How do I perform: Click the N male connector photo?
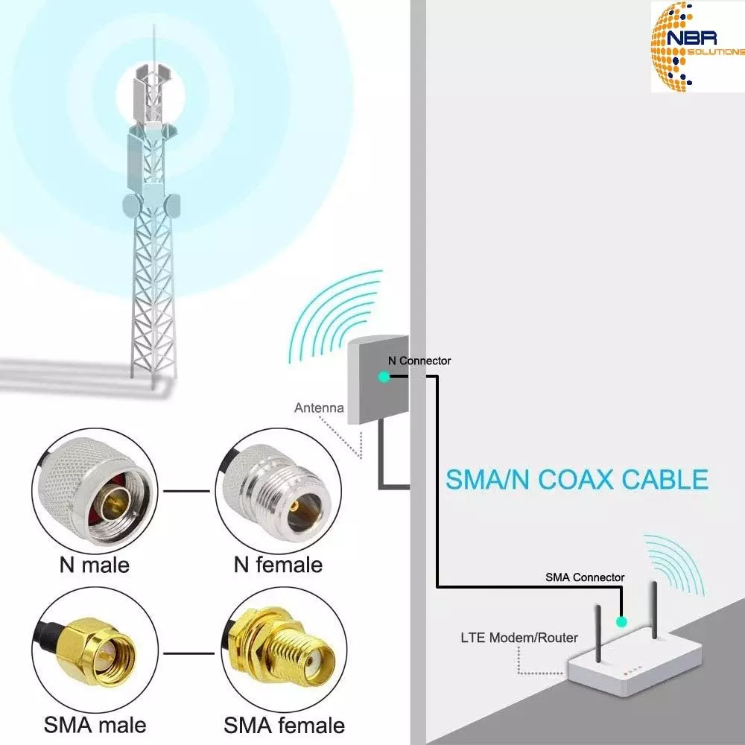pyautogui.click(x=95, y=491)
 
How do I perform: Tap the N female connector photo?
pyautogui.click(x=279, y=491)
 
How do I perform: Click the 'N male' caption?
pyautogui.click(x=94, y=565)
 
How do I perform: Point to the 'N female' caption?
pyautogui.click(x=278, y=565)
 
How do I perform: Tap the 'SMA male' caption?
pyautogui.click(x=95, y=725)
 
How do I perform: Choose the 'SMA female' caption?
pyautogui.click(x=284, y=725)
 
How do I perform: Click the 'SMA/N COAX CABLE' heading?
pyautogui.click(x=577, y=479)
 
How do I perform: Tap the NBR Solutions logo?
pyautogui.click(x=697, y=46)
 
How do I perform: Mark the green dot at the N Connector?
pyautogui.click(x=384, y=377)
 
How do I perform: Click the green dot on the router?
pyautogui.click(x=621, y=621)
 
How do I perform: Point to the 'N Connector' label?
pyautogui.click(x=419, y=361)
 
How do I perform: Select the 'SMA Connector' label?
pyautogui.click(x=585, y=577)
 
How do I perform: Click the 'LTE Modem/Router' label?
pyautogui.click(x=519, y=638)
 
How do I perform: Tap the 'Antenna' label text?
pyautogui.click(x=319, y=408)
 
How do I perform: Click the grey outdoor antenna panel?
pyautogui.click(x=378, y=379)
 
